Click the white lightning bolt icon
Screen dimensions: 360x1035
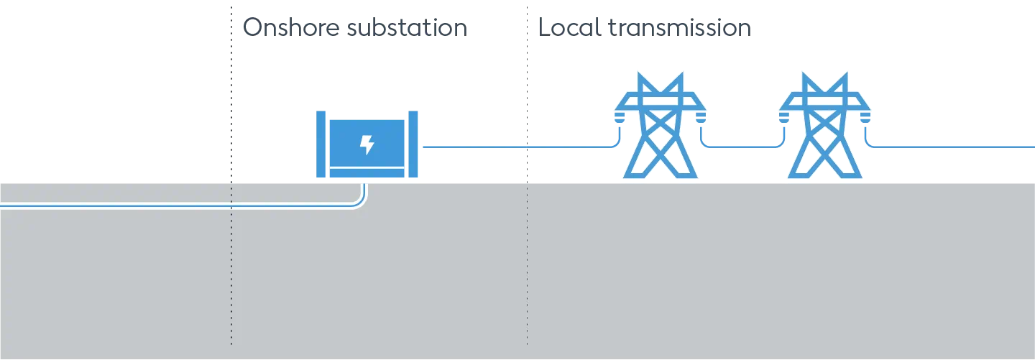(x=367, y=145)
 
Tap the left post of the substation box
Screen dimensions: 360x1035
(x=321, y=144)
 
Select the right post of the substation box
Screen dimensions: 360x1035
(x=413, y=144)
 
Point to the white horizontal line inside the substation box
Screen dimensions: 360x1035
(x=367, y=167)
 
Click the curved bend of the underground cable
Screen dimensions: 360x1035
(x=360, y=201)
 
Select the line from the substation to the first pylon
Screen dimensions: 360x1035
(x=503, y=147)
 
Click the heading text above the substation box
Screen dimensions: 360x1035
(x=357, y=31)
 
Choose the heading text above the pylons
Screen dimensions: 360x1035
(x=643, y=31)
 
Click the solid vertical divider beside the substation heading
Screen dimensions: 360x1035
(x=233, y=93)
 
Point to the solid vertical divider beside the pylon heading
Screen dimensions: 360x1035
(x=526, y=93)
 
